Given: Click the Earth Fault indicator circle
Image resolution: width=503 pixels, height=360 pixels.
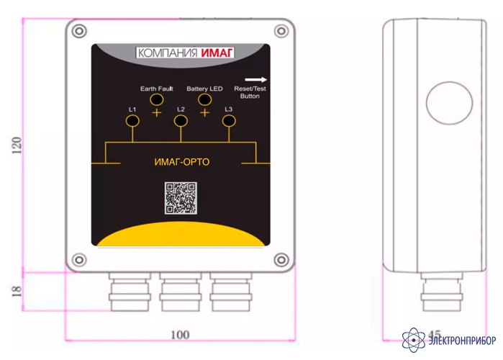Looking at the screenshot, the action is (x=157, y=100).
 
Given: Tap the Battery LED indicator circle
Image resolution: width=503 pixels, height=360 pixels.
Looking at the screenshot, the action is (x=204, y=99).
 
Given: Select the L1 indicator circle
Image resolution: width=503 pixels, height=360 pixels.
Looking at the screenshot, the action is (x=132, y=121).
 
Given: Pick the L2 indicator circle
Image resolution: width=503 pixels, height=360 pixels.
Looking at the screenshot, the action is (x=181, y=121).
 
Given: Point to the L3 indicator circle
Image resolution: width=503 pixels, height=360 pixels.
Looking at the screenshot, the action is (x=229, y=121).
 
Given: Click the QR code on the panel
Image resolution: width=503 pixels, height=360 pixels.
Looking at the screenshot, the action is (x=181, y=198).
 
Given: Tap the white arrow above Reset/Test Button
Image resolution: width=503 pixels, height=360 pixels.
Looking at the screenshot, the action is (x=255, y=80).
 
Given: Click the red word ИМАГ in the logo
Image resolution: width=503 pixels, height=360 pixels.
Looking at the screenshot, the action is (x=217, y=53).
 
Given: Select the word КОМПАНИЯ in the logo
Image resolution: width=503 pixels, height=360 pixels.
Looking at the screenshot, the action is (x=168, y=53).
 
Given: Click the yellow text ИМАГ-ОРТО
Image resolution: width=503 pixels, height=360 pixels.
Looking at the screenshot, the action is (x=182, y=162).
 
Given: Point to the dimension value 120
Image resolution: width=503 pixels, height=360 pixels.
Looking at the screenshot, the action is (x=17, y=145).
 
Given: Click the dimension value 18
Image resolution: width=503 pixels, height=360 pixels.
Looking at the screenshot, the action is (x=17, y=291).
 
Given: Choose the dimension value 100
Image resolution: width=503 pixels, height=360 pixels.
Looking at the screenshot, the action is (x=180, y=335).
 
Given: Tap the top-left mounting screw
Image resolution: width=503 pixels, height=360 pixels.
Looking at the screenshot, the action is (x=79, y=32).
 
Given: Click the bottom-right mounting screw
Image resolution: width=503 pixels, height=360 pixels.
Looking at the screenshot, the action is (x=281, y=260).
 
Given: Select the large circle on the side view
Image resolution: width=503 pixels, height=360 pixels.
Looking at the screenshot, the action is (x=450, y=103).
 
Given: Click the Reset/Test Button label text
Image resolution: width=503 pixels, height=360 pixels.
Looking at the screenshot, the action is (x=250, y=92).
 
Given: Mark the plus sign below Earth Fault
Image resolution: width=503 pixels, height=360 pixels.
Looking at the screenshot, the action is (x=157, y=112).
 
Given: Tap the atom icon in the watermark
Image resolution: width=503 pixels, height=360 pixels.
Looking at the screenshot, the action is (x=414, y=340).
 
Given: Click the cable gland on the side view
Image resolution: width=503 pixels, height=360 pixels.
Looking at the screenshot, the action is (x=442, y=292).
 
